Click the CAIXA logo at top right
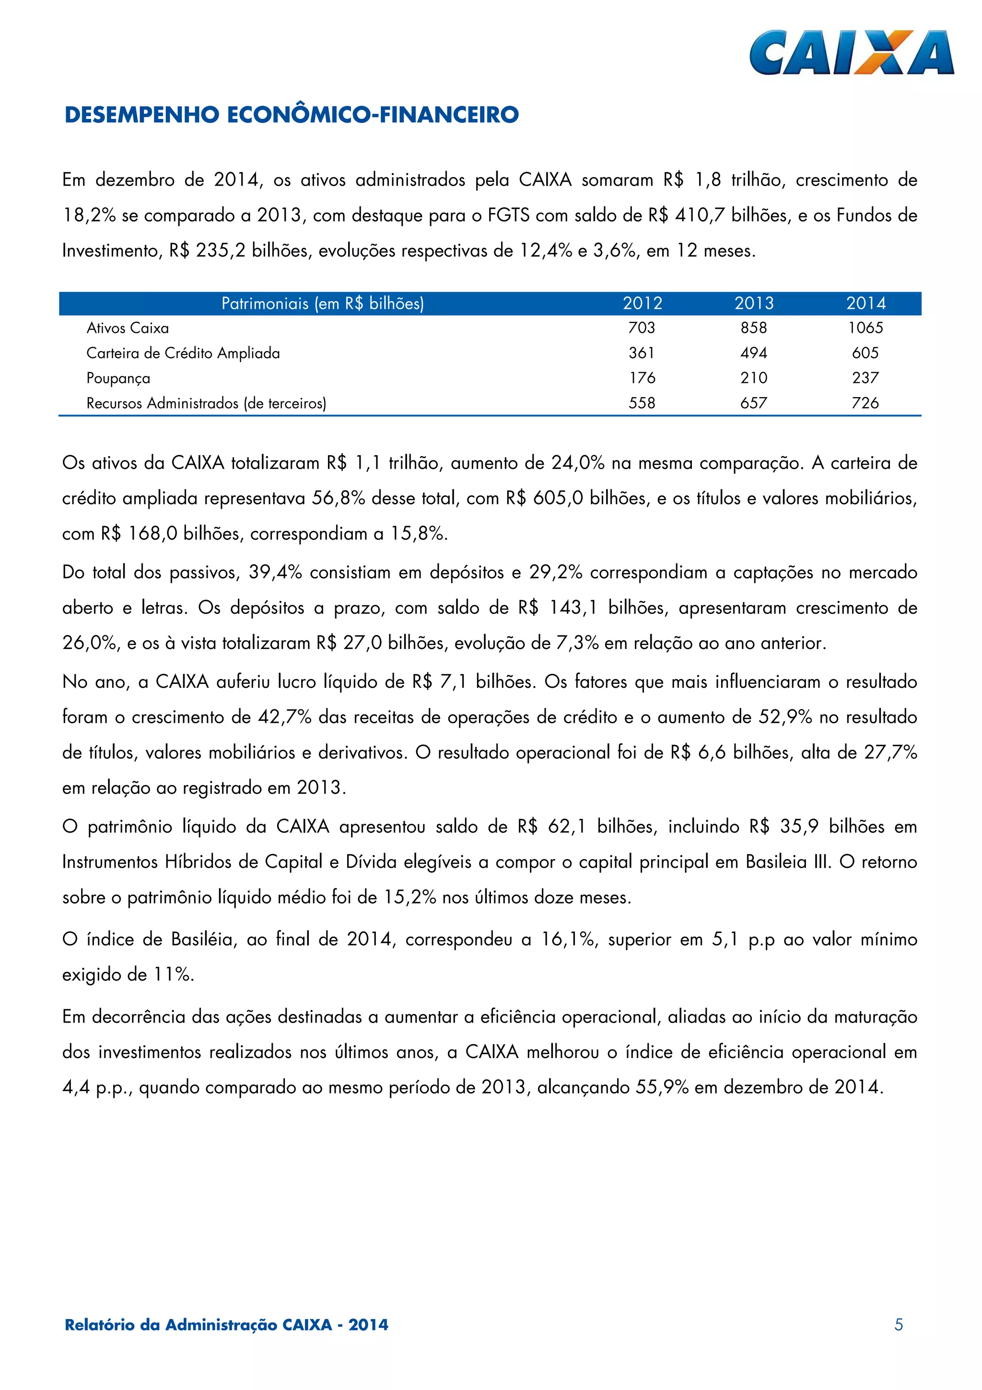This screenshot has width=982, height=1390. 851,53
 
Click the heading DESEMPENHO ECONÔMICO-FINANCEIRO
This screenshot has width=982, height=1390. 292,115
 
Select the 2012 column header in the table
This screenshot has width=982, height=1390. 643,303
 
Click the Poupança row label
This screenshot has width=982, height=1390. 118,378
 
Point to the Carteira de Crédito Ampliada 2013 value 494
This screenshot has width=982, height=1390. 753,353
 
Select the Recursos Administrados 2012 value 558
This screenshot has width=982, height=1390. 642,403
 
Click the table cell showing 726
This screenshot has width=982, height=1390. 865,403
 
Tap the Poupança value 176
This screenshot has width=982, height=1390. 642,378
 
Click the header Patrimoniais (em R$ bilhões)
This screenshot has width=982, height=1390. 323,303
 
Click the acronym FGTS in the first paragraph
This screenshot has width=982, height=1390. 508,215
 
